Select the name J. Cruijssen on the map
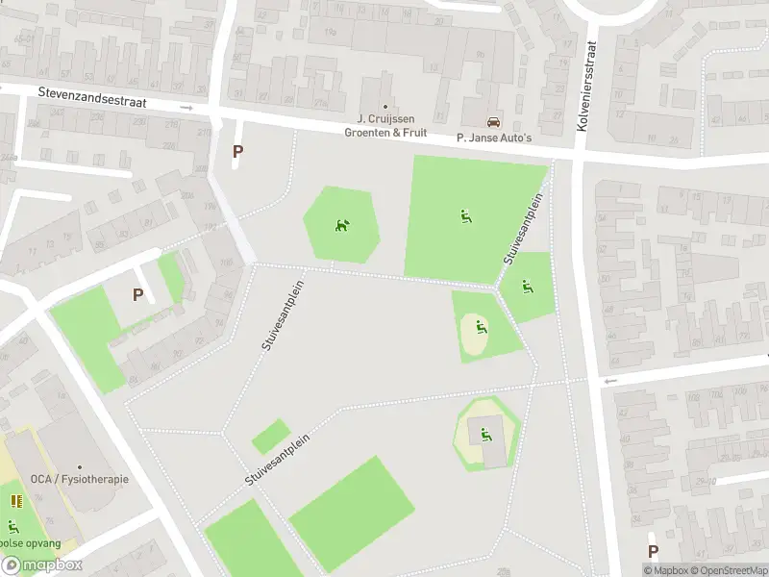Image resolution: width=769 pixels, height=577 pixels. click(385, 119)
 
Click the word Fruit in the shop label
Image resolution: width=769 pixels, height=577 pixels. click(413, 133)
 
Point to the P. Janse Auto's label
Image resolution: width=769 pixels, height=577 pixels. click(494, 138)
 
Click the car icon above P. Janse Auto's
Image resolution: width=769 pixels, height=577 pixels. click(494, 122)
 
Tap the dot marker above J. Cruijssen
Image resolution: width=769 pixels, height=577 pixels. click(385, 107)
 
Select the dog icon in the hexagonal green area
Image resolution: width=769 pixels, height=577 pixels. click(340, 226)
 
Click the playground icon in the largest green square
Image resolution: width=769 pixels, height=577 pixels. click(466, 216)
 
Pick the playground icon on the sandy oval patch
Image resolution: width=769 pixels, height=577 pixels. click(481, 327)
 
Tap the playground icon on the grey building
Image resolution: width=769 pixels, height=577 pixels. click(485, 435)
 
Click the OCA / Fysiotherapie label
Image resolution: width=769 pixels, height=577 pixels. click(79, 479)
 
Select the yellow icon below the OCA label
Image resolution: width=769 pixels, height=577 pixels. click(15, 501)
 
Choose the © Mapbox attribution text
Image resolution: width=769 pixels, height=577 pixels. click(664, 570)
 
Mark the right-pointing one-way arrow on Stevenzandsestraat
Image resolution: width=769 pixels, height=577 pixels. click(186, 108)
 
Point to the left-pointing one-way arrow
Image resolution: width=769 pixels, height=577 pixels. click(609, 382)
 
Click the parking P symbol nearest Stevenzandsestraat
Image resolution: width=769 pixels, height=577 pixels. click(238, 151)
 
